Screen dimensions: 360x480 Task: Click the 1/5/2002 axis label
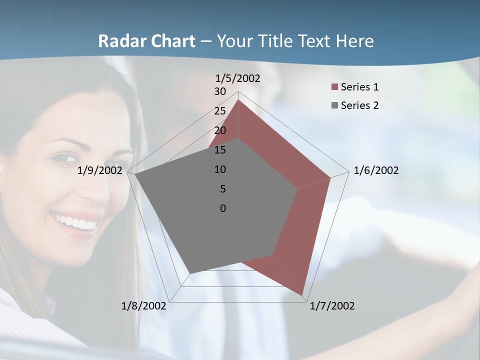coord(238,78)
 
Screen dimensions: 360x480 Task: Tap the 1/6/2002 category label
coord(376,170)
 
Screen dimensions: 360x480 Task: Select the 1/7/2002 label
coord(332,306)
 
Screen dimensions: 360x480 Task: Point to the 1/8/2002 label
coord(144,306)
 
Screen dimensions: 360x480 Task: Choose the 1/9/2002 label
coord(100,170)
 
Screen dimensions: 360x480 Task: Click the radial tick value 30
coord(220,91)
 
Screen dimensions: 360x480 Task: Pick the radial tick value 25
coord(220,111)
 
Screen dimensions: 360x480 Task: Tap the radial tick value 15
coord(220,150)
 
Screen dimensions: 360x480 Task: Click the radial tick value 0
coord(223,208)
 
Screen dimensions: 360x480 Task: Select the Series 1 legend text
coord(359,87)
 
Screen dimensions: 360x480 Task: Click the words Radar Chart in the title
coord(146,41)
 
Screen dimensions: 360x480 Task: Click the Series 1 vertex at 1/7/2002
coord(303,295)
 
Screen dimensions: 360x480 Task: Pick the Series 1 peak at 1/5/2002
coord(238,100)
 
